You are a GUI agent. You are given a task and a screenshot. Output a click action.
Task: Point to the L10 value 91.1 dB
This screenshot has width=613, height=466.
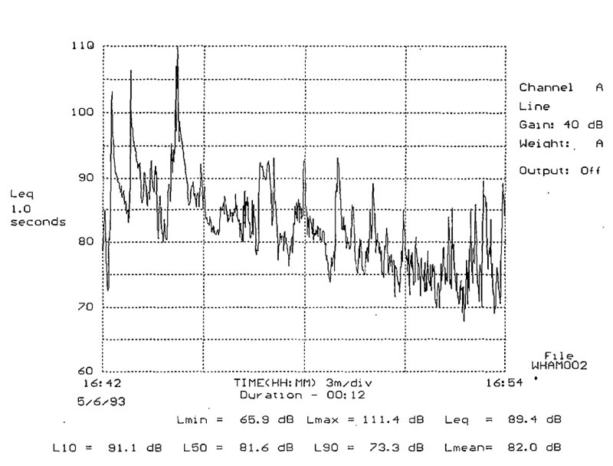click(x=135, y=445)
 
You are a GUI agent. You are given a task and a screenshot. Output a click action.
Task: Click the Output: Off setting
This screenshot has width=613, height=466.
click(x=559, y=171)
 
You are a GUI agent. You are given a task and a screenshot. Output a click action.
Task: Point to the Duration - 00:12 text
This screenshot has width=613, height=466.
click(x=303, y=395)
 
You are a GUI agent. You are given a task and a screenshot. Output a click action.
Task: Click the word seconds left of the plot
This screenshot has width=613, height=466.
click(x=38, y=222)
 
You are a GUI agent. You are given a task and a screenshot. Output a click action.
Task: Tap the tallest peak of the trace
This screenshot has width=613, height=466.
click(x=177, y=48)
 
